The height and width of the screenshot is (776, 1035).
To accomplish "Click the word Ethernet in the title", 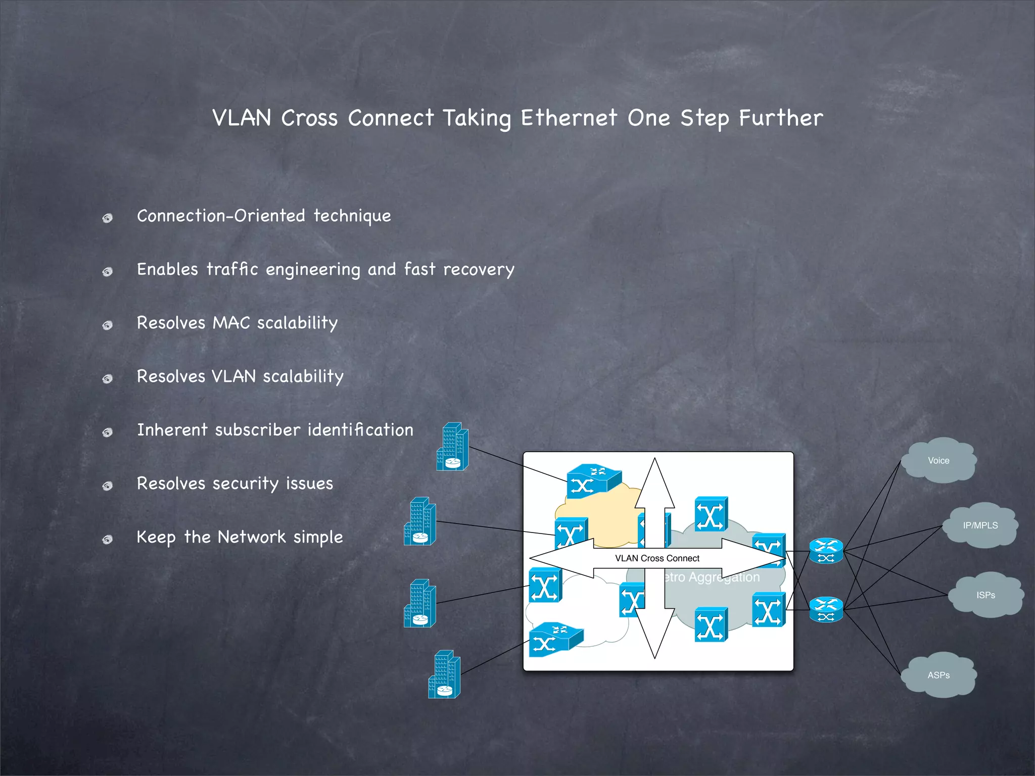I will coord(569,118).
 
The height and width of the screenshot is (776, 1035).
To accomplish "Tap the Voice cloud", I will coord(938,460).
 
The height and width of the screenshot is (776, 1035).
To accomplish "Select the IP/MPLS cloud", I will coord(980,525).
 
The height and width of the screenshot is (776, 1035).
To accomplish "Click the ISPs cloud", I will coord(985,595).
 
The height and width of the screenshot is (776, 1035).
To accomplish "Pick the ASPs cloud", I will coord(938,675).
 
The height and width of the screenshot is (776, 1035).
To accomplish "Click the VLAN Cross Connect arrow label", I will coord(657,558).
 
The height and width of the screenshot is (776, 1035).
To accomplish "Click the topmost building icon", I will coord(452,447).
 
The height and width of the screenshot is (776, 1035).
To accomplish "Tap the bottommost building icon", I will coord(444,674).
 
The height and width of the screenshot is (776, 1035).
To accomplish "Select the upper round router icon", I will coord(826,551).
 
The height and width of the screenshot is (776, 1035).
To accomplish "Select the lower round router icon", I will coord(826,610).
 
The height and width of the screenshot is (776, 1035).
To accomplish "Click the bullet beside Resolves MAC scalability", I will coord(107,325).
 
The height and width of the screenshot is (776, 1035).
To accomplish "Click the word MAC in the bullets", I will coord(231,323).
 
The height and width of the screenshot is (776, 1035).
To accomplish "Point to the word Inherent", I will coord(172,430).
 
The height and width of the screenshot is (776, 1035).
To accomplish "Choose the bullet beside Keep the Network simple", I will coord(107,540).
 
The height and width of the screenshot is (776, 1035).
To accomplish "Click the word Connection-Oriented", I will coord(221,216).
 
